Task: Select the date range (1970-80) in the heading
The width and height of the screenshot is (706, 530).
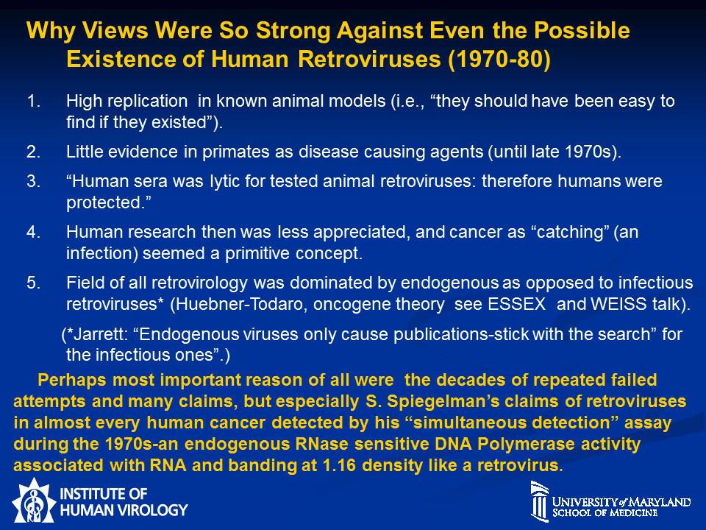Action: (499, 60)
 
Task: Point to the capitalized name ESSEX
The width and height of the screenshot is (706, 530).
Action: (517, 304)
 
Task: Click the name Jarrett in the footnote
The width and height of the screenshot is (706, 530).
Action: (101, 334)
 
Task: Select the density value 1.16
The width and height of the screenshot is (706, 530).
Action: (340, 465)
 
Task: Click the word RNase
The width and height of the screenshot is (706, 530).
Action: (321, 444)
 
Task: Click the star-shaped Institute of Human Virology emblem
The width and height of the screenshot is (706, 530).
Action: (34, 501)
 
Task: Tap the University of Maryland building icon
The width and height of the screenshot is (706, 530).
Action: (539, 501)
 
